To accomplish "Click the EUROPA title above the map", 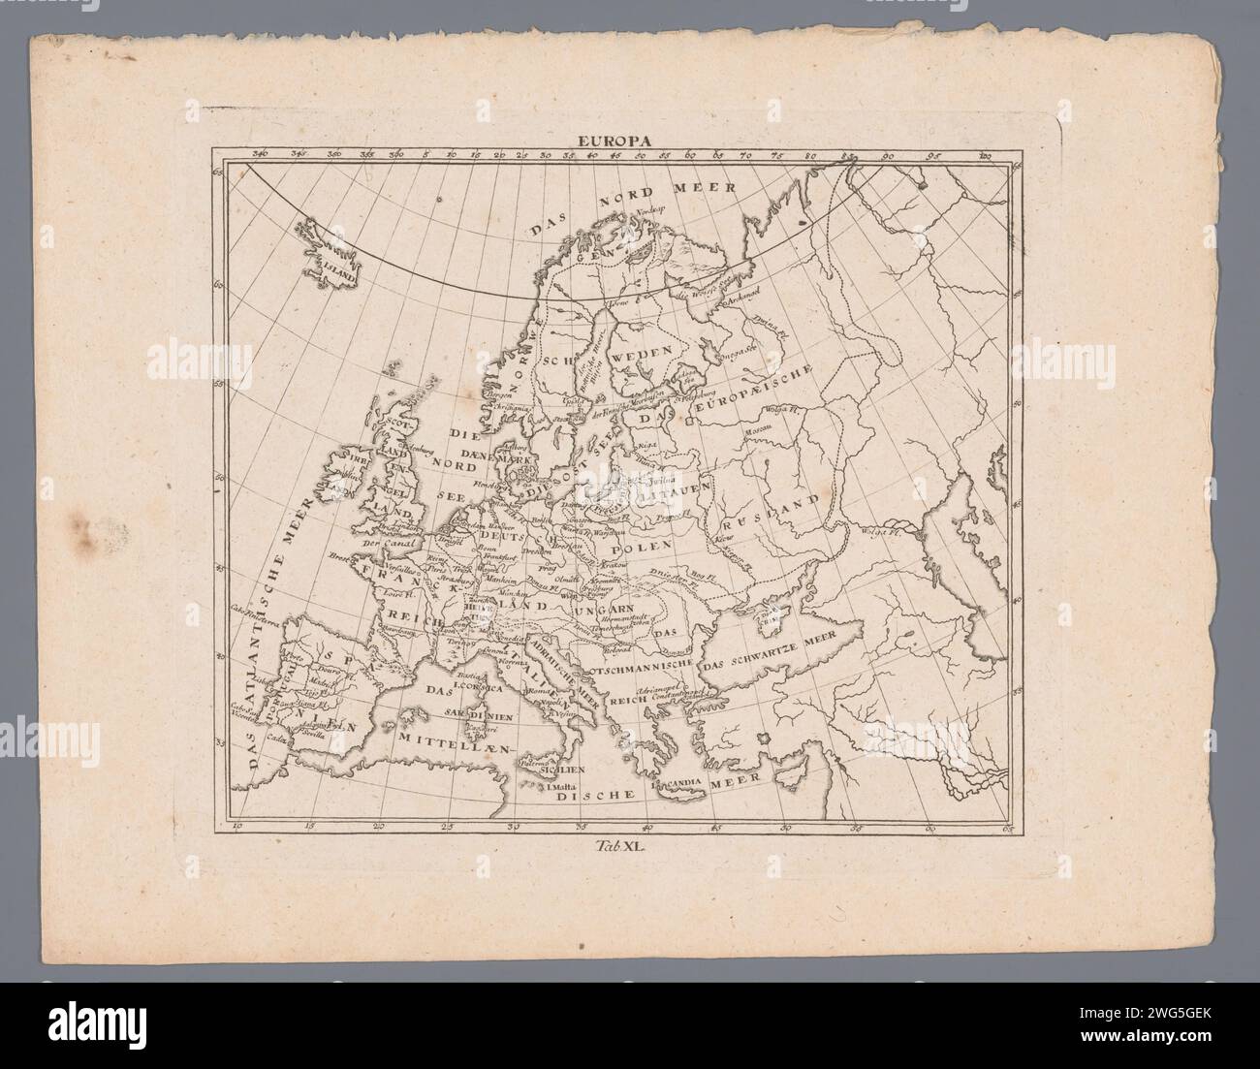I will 615,140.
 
